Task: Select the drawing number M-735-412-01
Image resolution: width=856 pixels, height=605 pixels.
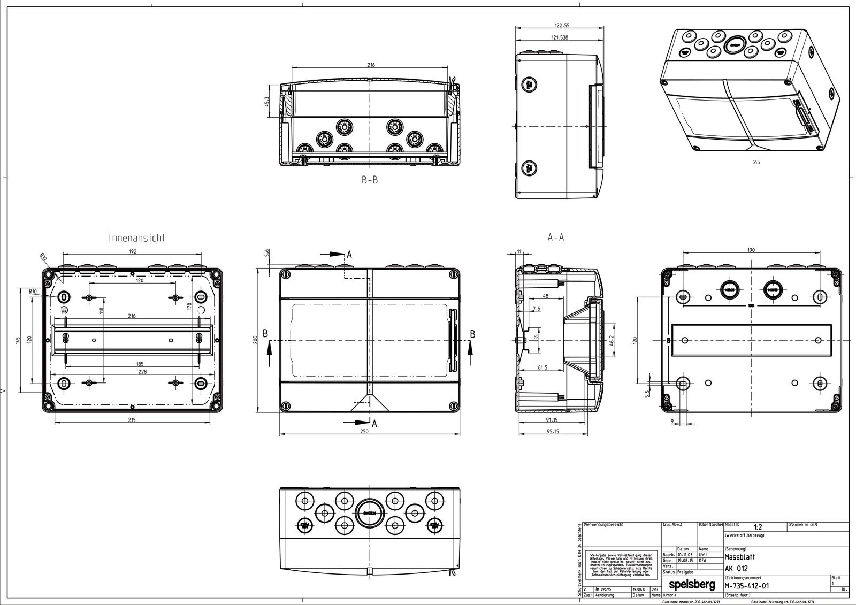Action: click(x=747, y=585)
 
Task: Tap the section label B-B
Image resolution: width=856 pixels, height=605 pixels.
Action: click(x=369, y=180)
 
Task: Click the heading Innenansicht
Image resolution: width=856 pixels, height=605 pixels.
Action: click(x=137, y=238)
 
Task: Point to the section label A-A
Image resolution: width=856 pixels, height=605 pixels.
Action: click(x=556, y=237)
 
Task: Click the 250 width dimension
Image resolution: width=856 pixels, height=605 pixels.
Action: click(x=364, y=431)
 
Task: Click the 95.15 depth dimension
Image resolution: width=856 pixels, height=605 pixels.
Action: click(x=553, y=431)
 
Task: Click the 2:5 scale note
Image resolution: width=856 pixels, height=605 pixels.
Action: click(x=756, y=162)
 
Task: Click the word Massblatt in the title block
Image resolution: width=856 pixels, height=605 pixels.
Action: click(x=740, y=557)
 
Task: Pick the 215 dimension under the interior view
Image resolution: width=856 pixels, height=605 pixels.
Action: click(x=132, y=420)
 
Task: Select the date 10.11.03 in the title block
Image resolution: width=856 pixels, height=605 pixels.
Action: click(x=686, y=555)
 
